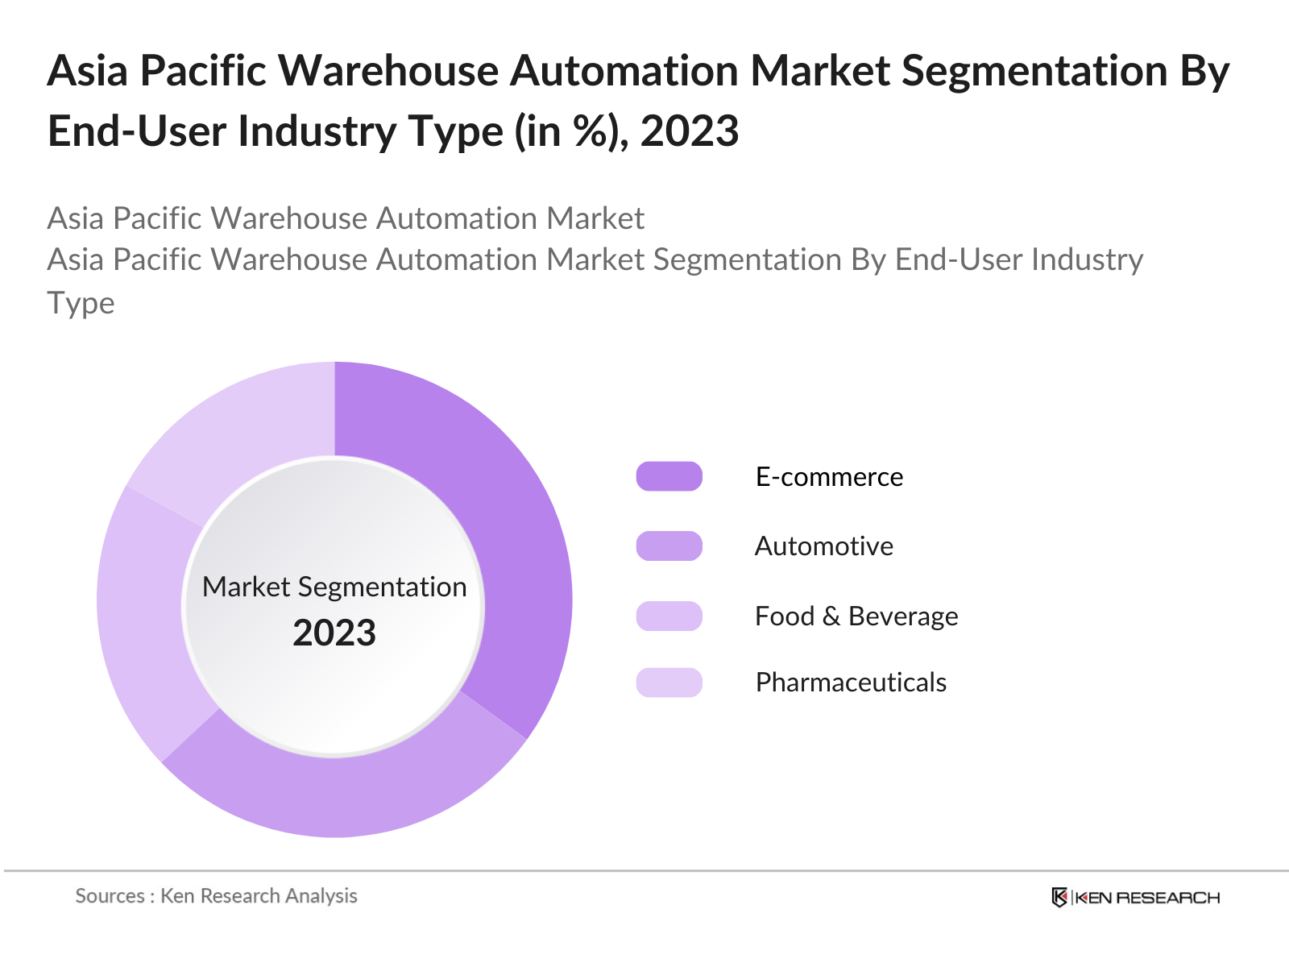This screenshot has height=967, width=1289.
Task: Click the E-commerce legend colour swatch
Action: click(669, 476)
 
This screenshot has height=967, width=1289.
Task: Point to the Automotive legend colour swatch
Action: click(669, 546)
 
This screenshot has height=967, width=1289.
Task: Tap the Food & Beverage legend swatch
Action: click(669, 616)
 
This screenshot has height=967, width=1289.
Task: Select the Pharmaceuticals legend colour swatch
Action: click(669, 683)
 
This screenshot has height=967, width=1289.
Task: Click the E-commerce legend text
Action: click(829, 477)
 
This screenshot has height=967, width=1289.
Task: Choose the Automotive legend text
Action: click(823, 546)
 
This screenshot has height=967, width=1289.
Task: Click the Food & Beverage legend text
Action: click(856, 616)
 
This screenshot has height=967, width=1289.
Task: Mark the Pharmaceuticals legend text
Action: click(851, 683)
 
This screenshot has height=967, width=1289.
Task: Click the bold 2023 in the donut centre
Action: click(334, 633)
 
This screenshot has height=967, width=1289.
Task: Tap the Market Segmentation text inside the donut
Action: click(334, 587)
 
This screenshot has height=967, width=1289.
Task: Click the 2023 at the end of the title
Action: click(690, 131)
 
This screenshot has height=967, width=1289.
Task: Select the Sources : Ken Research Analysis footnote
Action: click(216, 896)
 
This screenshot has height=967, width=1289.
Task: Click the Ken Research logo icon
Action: click(1059, 898)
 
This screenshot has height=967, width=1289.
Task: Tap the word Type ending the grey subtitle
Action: click(81, 303)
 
